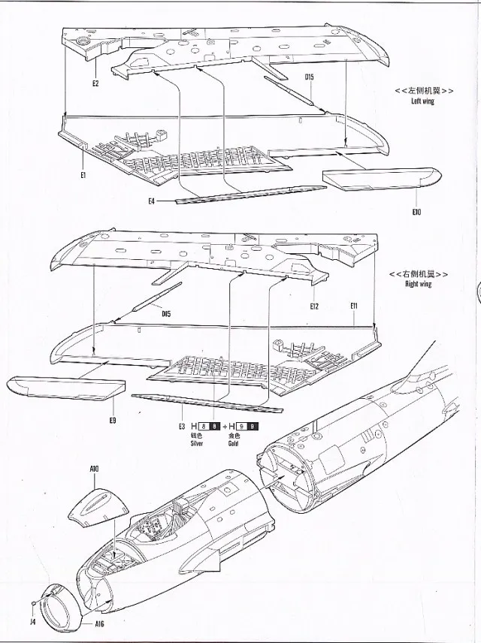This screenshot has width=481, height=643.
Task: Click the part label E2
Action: tap(95, 83)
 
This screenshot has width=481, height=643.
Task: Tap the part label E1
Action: tap(83, 175)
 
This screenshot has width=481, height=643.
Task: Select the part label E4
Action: tap(152, 201)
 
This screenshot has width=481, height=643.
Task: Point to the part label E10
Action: tap(416, 212)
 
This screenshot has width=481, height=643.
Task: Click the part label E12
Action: tap(315, 306)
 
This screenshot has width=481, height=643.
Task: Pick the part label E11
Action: tap(353, 306)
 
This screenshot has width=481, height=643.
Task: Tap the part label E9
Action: tap(112, 420)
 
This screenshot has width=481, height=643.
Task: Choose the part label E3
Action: tap(181, 427)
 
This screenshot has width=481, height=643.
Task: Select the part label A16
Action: tap(100, 624)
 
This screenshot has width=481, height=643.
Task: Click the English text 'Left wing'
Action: tap(422, 101)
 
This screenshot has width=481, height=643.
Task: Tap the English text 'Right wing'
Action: tap(419, 285)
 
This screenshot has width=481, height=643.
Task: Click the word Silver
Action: tap(197, 444)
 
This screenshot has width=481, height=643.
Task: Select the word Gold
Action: tap(234, 444)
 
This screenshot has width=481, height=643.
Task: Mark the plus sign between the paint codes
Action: tap(223, 427)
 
